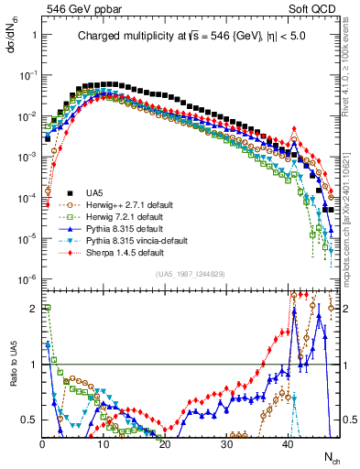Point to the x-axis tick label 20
(165, 443)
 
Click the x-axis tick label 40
(288, 443)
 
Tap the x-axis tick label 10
(104, 443)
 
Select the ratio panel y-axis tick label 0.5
(30, 420)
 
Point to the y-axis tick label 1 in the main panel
(34, 34)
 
